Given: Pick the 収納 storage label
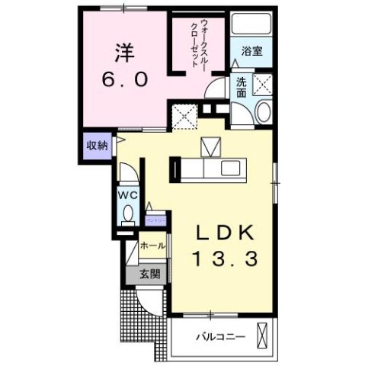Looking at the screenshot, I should click(96, 144).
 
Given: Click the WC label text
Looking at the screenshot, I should click(126, 194).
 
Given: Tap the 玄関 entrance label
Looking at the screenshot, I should click(149, 274).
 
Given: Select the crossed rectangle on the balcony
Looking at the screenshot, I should click(264, 335).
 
